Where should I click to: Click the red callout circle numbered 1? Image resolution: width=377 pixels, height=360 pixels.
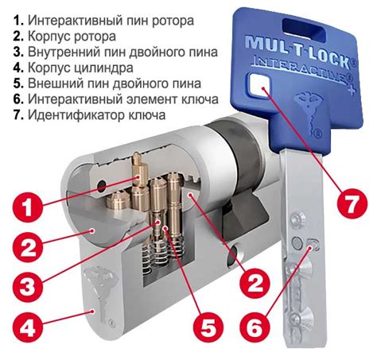point(27,208)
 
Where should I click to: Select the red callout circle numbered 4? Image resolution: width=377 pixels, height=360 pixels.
point(28,326)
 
